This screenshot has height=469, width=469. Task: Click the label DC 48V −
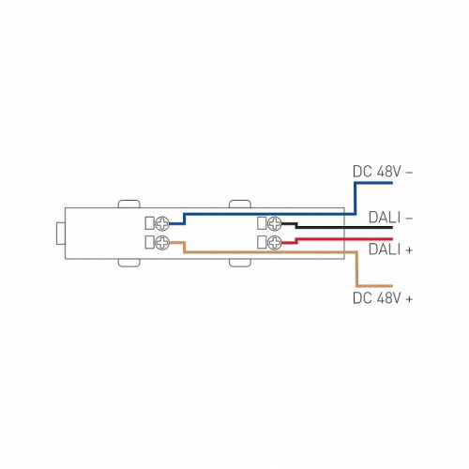point(383,172)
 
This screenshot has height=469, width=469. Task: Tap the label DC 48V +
point(383,298)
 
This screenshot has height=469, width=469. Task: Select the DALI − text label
point(390,218)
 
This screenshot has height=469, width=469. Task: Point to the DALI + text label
point(390,250)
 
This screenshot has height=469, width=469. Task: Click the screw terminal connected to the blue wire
point(162,223)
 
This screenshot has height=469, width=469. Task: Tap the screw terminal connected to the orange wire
point(162,243)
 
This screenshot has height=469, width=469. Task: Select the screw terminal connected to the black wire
point(275,223)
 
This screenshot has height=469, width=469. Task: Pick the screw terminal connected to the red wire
point(275,242)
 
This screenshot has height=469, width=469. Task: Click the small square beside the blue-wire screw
point(149,223)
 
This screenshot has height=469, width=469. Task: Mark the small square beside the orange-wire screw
point(149,242)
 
